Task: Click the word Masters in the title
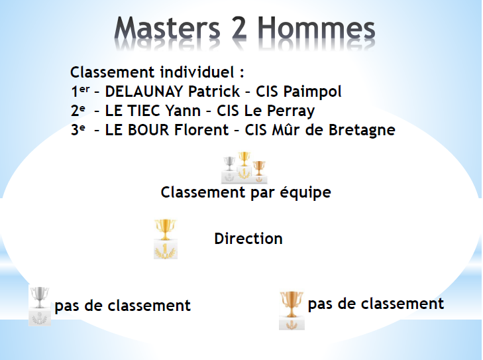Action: [167, 29]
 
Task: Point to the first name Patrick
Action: [214, 91]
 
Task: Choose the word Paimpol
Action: [312, 92]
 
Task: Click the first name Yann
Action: [183, 111]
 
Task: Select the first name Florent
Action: [201, 130]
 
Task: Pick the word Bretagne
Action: [362, 131]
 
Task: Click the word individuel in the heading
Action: [197, 72]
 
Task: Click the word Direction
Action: [248, 239]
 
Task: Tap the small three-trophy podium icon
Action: [244, 168]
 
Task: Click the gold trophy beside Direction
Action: [166, 239]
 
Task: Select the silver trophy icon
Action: [40, 305]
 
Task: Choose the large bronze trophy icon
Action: [292, 310]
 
